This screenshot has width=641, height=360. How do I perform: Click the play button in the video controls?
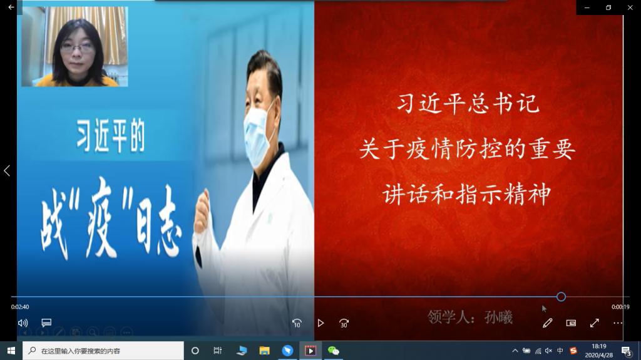click(x=320, y=323)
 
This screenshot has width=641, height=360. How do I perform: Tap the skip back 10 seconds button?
click(x=297, y=323)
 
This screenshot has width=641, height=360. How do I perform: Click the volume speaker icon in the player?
click(x=23, y=323)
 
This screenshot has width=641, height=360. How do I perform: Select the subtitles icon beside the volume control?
click(x=46, y=323)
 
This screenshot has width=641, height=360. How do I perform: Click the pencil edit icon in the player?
click(x=547, y=323)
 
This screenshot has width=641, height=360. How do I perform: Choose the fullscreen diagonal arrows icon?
click(x=595, y=323)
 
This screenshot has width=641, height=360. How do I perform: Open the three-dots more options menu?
click(x=618, y=323)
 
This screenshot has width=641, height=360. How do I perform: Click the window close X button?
click(x=630, y=8)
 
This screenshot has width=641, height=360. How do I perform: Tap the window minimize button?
click(x=587, y=8)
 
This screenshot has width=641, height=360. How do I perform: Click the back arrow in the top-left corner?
click(x=11, y=7)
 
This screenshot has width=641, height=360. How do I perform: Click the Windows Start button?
click(x=11, y=351)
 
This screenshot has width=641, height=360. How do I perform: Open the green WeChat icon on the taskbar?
click(x=334, y=351)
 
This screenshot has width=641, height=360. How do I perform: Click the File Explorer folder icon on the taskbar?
click(x=265, y=351)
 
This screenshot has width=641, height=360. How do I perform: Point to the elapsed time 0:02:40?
click(x=20, y=307)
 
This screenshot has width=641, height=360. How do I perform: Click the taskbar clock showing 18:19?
click(x=599, y=346)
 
